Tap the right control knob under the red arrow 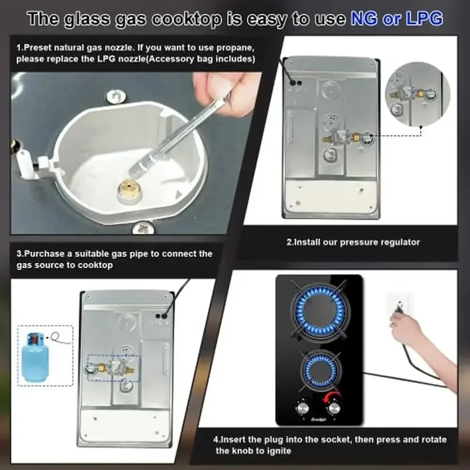pos(334,408)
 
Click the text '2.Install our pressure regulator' pos(353,243)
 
